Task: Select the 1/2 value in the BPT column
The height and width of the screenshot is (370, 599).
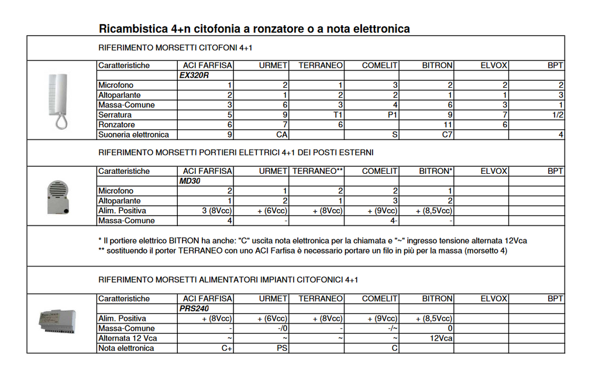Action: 556,115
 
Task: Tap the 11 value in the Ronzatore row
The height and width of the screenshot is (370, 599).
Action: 447,125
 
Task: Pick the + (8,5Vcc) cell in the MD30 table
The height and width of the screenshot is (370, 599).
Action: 433,211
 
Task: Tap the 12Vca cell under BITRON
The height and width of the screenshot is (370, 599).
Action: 440,338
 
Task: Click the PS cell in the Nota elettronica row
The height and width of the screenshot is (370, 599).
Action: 281,348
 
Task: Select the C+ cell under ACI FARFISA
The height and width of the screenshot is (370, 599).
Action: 226,348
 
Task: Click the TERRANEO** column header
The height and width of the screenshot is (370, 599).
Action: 317,171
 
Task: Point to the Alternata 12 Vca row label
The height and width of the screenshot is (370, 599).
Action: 128,338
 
